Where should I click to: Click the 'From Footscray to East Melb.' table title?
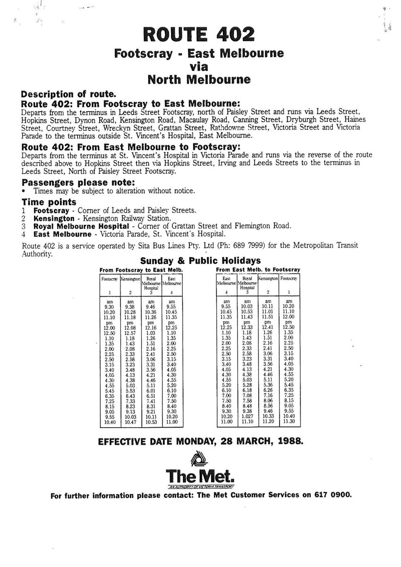pos(142,269)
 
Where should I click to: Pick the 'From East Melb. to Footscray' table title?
pos(257,269)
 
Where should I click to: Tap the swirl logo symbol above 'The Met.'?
pos(201,460)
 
